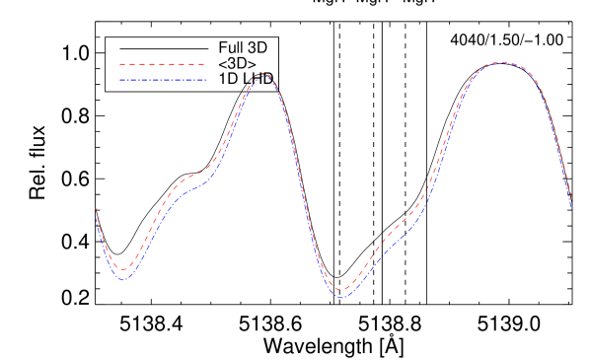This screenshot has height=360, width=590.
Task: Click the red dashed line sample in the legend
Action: pyautogui.click(x=162, y=64)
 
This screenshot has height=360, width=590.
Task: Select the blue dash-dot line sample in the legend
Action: pyautogui.click(x=163, y=80)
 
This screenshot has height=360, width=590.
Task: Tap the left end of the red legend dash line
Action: pyautogui.click(x=120, y=64)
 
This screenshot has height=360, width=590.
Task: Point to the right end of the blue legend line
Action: pyautogui.click(x=206, y=80)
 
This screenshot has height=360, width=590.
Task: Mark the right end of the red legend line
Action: pyautogui.click(x=204, y=64)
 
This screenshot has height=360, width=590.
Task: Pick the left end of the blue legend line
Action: pyautogui.click(x=120, y=80)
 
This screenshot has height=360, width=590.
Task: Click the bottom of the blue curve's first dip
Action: pyautogui.click(x=123, y=280)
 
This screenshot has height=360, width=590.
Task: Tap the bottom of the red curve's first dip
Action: pyautogui.click(x=122, y=268)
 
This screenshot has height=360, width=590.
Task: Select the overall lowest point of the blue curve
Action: pyautogui.click(x=341, y=297)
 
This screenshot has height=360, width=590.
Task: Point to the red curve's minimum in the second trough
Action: pyautogui.click(x=341, y=290)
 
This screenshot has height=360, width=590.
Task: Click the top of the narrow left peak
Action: pyautogui.click(x=262, y=74)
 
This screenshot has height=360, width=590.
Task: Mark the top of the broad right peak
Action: pyautogui.click(x=502, y=63)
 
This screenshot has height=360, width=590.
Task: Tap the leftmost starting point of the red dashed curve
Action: pyautogui.click(x=96, y=208)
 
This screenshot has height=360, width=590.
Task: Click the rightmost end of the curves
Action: pyautogui.click(x=571, y=206)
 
